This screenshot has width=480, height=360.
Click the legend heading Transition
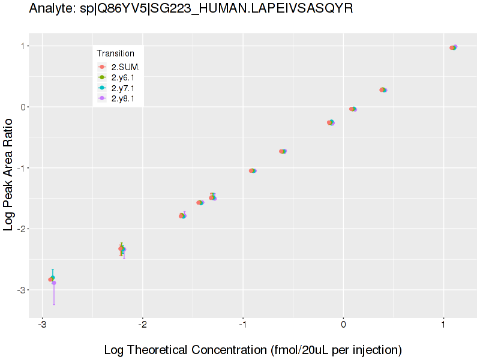(115, 53)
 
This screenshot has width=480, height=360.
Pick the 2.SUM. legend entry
(125, 67)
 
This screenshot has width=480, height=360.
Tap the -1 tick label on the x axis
(242, 325)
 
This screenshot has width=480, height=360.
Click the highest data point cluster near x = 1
(454, 47)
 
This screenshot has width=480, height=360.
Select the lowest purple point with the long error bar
(54, 283)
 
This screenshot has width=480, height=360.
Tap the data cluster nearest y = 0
(353, 109)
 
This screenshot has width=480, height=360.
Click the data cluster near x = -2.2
(122, 248)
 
